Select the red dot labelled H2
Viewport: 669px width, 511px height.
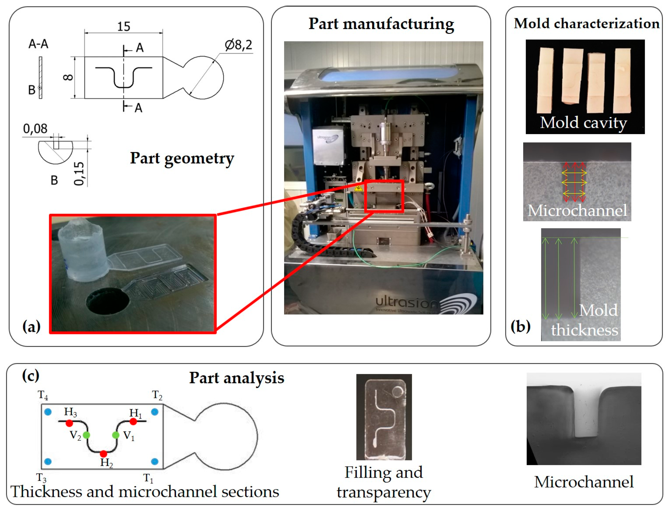click(x=103, y=454)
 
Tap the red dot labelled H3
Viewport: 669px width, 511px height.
click(x=69, y=423)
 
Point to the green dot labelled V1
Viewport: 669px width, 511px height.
click(x=116, y=435)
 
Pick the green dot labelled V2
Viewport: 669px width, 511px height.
click(x=87, y=435)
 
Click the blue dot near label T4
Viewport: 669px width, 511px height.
click(x=48, y=412)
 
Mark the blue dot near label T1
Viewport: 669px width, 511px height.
click(x=155, y=461)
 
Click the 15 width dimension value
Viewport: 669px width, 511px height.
click(x=124, y=26)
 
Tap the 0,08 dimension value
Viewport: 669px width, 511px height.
click(x=35, y=129)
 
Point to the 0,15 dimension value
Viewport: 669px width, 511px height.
click(x=79, y=173)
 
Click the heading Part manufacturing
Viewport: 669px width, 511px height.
click(x=381, y=24)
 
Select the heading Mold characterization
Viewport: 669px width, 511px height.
click(x=586, y=23)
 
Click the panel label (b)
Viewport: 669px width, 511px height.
click(x=521, y=326)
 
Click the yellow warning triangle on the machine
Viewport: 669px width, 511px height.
click(x=358, y=188)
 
